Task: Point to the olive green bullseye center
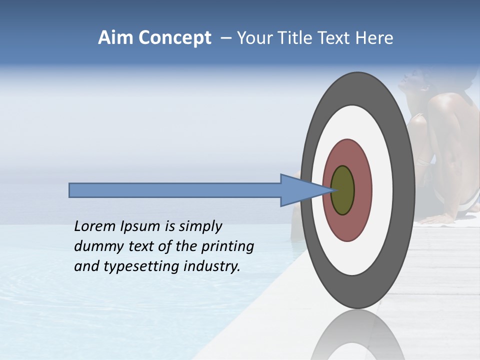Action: click(x=343, y=190)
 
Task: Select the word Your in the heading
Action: click(x=252, y=38)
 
